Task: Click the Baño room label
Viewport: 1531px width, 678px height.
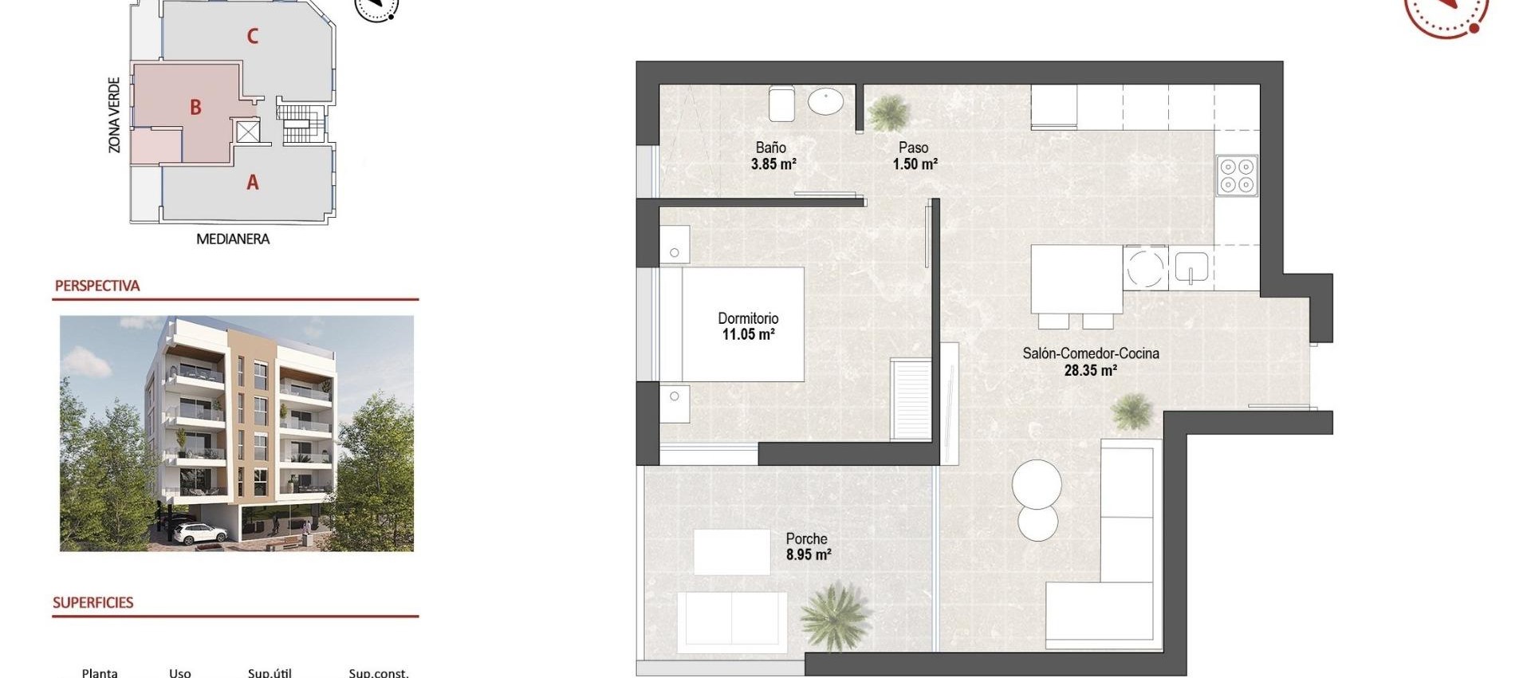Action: pos(770,148)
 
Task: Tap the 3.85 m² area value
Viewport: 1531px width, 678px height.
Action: pos(773,164)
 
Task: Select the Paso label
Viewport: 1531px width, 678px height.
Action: pos(913,148)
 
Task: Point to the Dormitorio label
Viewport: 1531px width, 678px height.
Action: pos(747,318)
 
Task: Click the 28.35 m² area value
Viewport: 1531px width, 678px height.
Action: pos(1090,370)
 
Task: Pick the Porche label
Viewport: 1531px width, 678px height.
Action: pos(806,538)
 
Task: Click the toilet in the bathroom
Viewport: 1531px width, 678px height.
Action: pos(781,104)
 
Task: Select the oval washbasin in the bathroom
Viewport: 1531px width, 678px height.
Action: pos(825,102)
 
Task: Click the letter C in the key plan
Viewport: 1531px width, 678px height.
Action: pos(252,36)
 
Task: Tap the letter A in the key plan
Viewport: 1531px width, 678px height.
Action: pos(252,183)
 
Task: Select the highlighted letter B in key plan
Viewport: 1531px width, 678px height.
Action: pos(195,107)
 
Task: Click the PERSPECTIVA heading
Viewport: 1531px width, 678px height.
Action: pos(97,286)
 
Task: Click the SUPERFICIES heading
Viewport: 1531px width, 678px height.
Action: pos(92,602)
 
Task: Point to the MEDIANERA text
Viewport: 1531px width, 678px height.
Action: pos(233,238)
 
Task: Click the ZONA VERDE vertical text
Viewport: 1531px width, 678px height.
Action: pos(114,115)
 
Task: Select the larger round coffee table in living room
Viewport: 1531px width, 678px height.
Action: pos(1037,483)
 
